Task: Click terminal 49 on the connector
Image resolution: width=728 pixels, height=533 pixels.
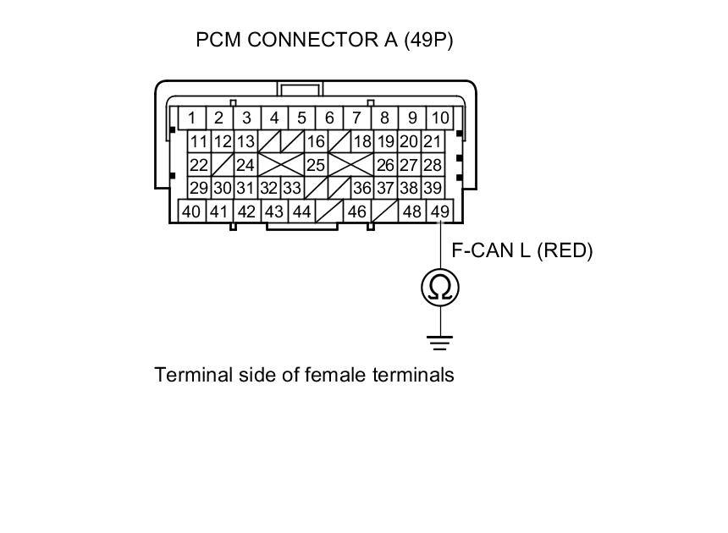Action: click(439, 212)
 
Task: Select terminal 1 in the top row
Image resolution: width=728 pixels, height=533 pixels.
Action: click(193, 118)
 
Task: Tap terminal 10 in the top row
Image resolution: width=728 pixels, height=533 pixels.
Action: click(440, 118)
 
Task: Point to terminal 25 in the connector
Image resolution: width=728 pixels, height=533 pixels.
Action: click(315, 165)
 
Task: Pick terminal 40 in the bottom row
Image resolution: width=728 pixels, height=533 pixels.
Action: click(191, 212)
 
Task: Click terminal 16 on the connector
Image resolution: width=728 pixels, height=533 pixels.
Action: click(315, 142)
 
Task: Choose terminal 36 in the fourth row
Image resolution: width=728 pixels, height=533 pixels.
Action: click(361, 188)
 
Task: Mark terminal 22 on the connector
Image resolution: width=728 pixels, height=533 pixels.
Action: click(198, 165)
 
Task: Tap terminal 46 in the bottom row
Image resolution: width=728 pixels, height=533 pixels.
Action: click(356, 212)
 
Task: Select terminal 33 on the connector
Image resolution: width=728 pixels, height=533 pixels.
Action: click(292, 188)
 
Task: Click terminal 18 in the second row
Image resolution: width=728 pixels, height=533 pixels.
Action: click(361, 142)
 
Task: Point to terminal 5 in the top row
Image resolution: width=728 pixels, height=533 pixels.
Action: click(301, 118)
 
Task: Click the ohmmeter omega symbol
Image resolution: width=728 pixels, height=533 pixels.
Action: click(440, 288)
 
